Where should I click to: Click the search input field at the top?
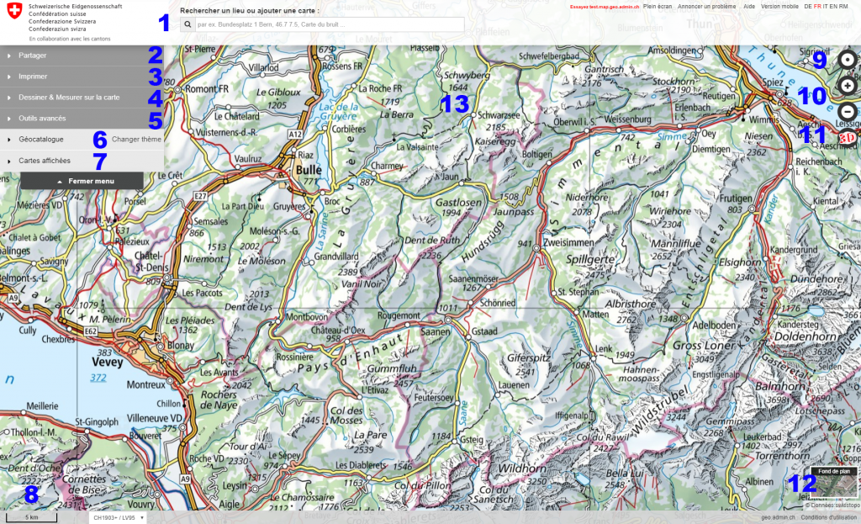click(x=328, y=25)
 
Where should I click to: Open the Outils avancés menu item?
click(x=42, y=119)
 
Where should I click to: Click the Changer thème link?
click(x=136, y=139)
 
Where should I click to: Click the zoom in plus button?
click(x=848, y=86)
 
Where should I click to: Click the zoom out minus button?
click(x=848, y=111)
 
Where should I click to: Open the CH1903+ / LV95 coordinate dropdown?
click(x=118, y=517)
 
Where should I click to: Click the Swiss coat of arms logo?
click(x=13, y=15)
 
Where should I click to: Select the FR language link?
click(x=817, y=6)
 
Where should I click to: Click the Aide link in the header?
click(x=749, y=6)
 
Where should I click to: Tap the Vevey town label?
click(x=105, y=363)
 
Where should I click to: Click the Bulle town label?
click(x=308, y=168)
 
